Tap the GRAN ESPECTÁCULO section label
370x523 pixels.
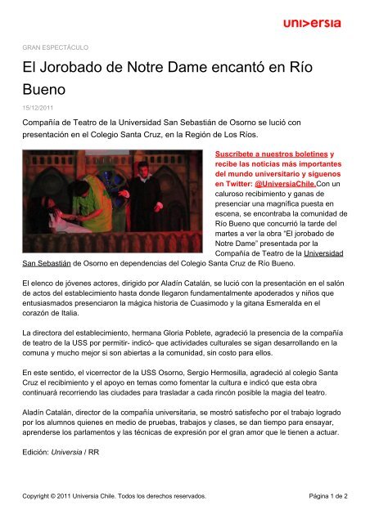point(54,47)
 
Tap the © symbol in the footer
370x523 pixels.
point(66,495)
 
